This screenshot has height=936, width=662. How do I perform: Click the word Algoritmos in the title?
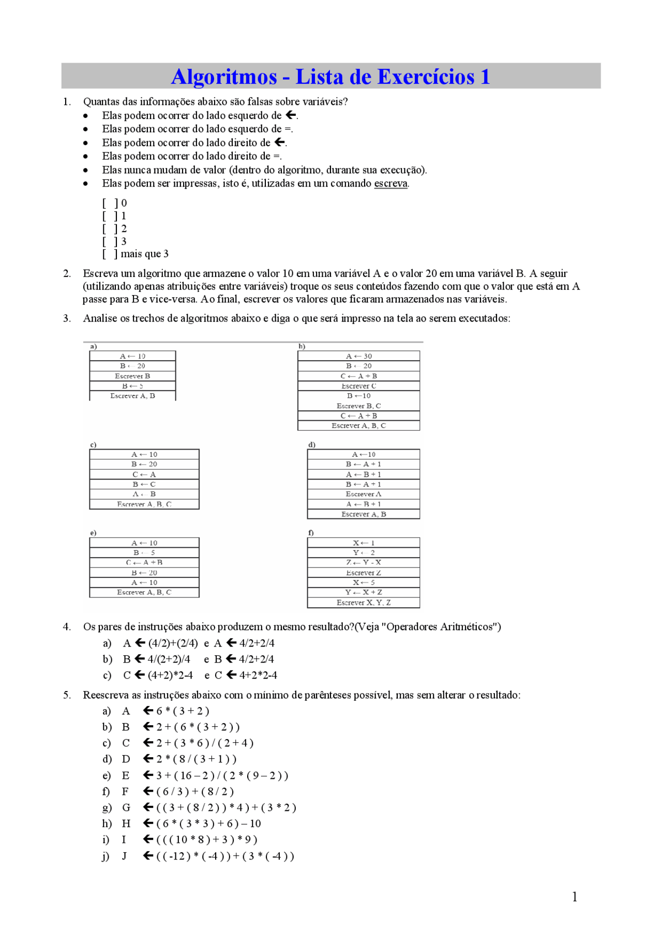pyautogui.click(x=224, y=77)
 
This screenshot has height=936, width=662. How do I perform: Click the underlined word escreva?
pyautogui.click(x=390, y=183)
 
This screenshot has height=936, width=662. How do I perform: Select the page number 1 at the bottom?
pyautogui.click(x=575, y=897)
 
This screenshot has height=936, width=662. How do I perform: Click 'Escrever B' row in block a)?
pyautogui.click(x=132, y=376)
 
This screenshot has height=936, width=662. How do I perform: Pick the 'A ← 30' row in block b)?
pyautogui.click(x=358, y=356)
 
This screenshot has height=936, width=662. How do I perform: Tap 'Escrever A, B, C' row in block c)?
pyautogui.click(x=144, y=504)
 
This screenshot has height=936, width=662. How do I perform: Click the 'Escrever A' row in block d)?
pyautogui.click(x=363, y=494)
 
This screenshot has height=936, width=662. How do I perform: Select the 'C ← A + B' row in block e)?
pyautogui.click(x=144, y=562)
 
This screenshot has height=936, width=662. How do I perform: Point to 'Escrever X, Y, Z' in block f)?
pyautogui.click(x=363, y=603)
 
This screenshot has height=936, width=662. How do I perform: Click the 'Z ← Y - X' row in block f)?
pyautogui.click(x=363, y=562)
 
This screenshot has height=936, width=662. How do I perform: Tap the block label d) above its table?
pyautogui.click(x=311, y=444)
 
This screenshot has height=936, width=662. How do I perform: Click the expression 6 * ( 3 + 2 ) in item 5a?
pyautogui.click(x=183, y=711)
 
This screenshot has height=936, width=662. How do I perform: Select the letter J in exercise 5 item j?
pyautogui.click(x=124, y=856)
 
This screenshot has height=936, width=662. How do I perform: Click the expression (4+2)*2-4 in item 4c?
pyautogui.click(x=170, y=675)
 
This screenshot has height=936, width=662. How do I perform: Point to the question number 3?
pyautogui.click(x=67, y=318)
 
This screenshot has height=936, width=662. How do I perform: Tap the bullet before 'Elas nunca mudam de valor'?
pyautogui.click(x=85, y=170)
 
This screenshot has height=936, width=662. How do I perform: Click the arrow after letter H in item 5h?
pyautogui.click(x=148, y=823)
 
